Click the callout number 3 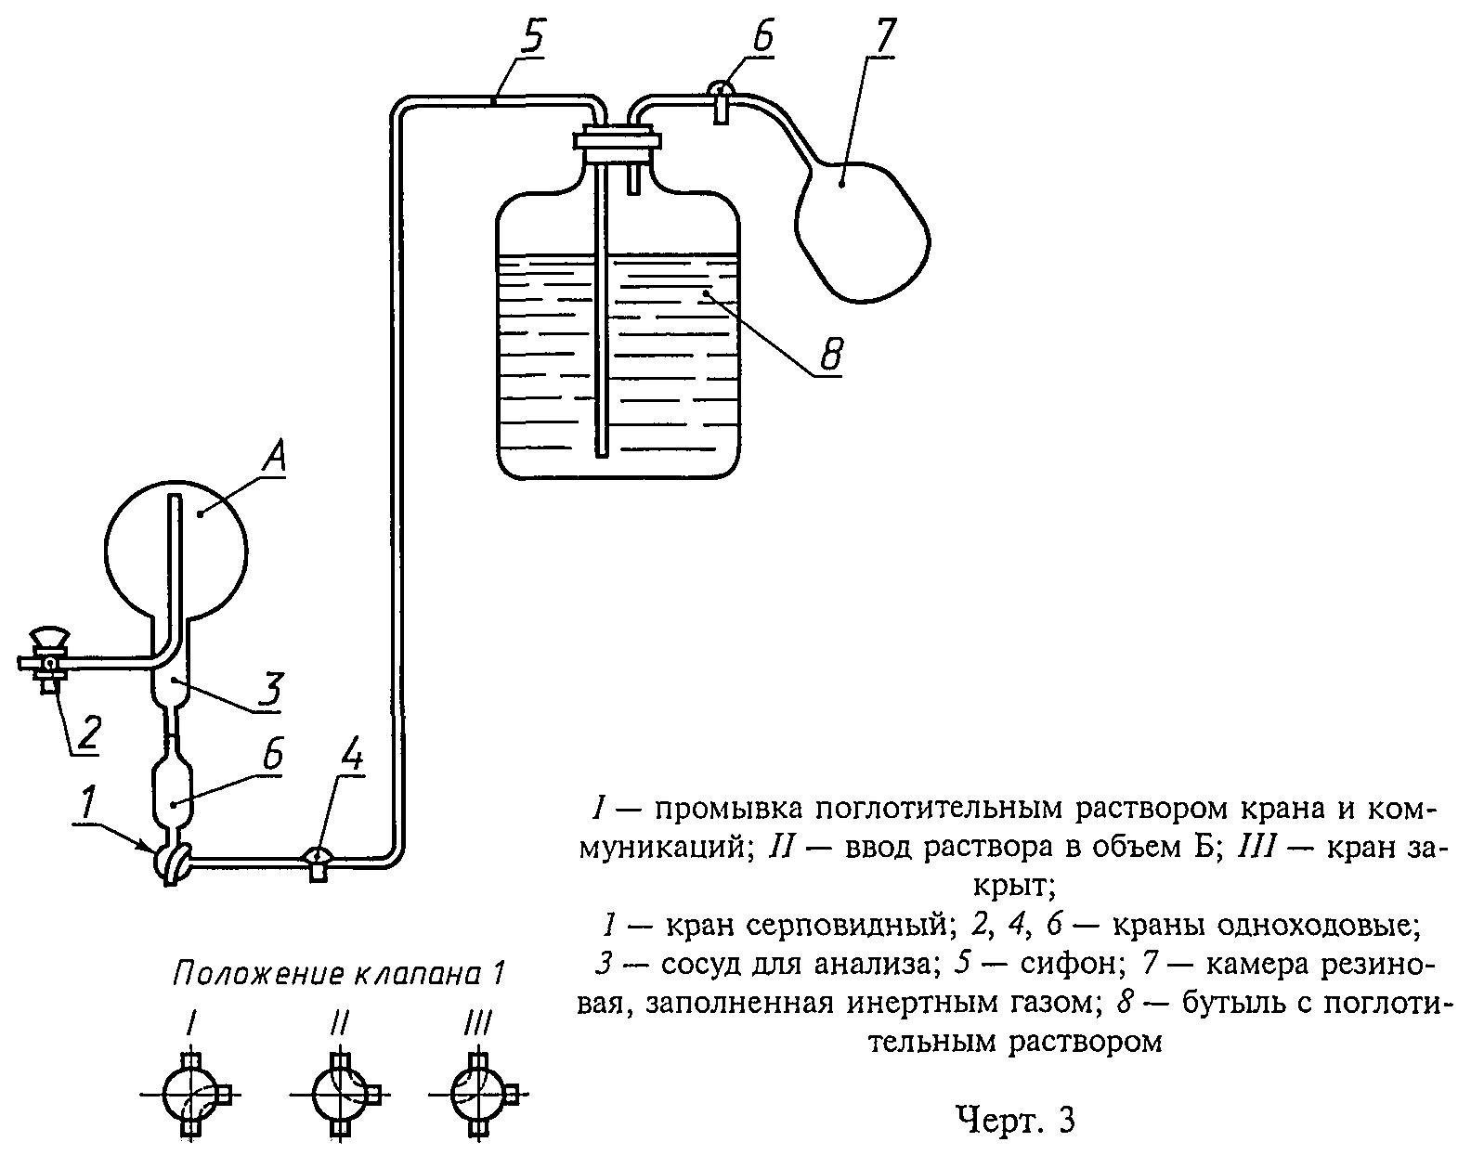(x=269, y=690)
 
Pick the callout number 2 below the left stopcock (x=89, y=733)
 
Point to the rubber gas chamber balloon (x=863, y=231)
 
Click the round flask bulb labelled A (x=176, y=551)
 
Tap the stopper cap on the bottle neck (x=617, y=141)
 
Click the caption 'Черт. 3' (x=1016, y=1121)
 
